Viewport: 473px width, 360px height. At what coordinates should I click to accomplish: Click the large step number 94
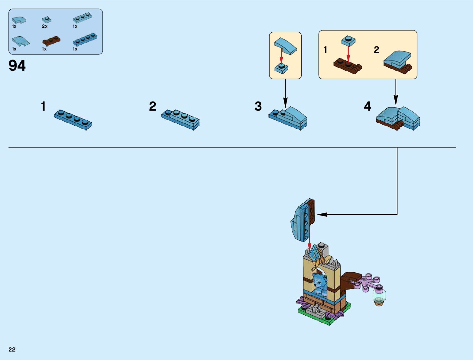17,66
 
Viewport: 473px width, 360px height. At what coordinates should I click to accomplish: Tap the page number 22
12,349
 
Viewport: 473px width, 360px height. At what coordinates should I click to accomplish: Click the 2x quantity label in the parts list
45,26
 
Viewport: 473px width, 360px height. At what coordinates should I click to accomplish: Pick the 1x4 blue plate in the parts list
85,40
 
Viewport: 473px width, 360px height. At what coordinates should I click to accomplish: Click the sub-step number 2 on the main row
153,106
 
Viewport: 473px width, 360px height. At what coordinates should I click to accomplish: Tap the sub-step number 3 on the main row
258,106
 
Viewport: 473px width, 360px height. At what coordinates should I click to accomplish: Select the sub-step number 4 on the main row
367,106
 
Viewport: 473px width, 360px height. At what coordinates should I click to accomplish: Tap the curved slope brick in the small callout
285,46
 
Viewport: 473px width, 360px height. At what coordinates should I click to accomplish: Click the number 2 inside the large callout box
376,50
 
